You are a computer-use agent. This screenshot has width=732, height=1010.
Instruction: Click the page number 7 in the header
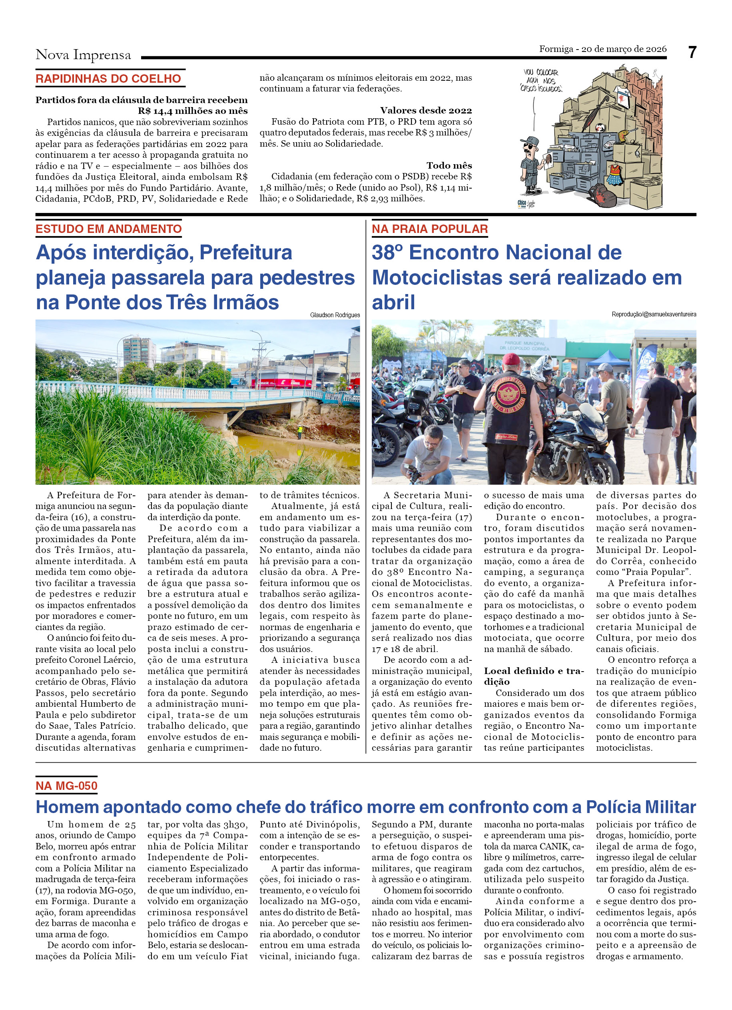point(692,53)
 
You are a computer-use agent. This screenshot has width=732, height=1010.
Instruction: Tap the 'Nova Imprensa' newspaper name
point(83,55)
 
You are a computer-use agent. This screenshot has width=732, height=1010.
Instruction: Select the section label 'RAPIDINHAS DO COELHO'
point(108,79)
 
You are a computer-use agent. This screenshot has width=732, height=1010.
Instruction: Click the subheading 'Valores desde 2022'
point(425,110)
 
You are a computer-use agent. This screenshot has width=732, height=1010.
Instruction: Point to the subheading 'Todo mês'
point(449,166)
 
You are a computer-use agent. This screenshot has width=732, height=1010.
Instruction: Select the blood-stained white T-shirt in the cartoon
point(623,96)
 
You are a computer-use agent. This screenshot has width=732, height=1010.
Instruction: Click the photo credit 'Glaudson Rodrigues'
point(335,315)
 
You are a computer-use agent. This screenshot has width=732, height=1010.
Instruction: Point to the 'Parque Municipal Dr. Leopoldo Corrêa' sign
point(525,346)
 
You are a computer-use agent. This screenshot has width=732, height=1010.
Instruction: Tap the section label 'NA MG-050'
point(66,786)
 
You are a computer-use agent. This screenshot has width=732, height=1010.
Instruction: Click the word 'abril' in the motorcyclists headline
point(393,302)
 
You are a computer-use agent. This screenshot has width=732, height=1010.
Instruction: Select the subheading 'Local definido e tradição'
point(534,676)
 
